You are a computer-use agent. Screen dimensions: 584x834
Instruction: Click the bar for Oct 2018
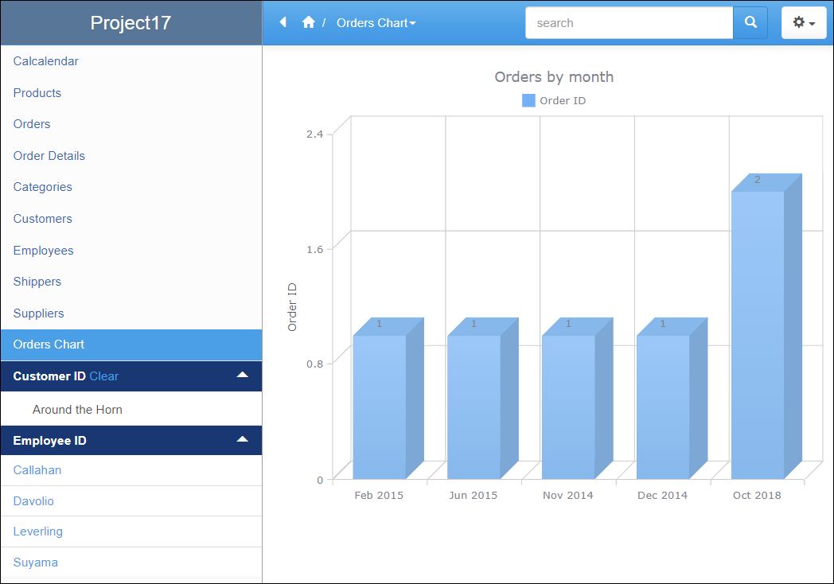coord(758,334)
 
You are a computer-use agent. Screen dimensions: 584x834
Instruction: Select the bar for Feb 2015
coord(380,406)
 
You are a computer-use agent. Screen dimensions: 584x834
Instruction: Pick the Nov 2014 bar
coord(568,406)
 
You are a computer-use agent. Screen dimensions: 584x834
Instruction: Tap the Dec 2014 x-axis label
coord(662,495)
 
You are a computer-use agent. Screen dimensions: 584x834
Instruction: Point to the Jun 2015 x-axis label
coord(473,495)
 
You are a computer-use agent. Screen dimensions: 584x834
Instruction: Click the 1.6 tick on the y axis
coord(314,248)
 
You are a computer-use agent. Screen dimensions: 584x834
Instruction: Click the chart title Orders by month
coord(554,77)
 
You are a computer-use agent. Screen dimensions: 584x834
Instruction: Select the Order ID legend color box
coord(528,100)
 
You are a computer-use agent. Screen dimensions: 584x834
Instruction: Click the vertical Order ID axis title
coord(292,306)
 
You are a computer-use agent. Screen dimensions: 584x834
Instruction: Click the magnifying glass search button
coord(750,23)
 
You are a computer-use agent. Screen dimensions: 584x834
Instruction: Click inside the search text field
coord(629,23)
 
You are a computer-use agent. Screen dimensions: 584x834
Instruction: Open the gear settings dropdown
coord(804,23)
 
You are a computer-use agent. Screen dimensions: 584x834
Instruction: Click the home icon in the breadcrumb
coord(309,23)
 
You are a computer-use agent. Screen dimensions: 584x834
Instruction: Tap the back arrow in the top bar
coord(283,22)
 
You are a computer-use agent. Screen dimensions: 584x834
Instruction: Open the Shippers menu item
coord(37,282)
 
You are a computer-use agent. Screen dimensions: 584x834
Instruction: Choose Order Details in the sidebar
coord(49,156)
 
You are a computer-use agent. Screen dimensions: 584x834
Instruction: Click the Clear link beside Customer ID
coord(104,376)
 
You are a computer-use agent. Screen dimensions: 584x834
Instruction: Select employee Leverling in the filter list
coord(38,531)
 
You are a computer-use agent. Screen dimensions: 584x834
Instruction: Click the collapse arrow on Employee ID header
coord(243,439)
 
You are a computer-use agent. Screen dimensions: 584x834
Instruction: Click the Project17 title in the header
coord(131,22)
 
